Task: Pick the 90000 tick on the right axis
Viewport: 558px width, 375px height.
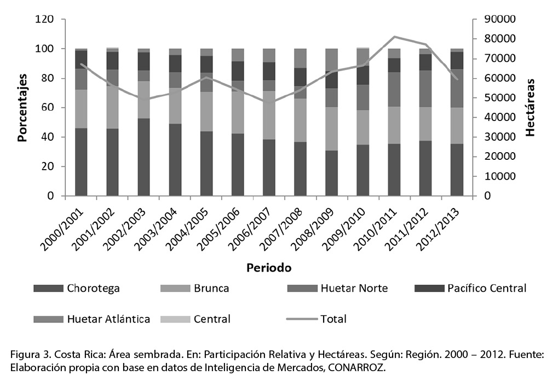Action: click(x=499, y=20)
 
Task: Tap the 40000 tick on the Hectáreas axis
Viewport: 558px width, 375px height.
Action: click(x=499, y=118)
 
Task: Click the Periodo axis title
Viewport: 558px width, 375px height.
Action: click(x=268, y=268)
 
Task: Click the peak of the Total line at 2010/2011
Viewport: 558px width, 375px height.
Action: click(x=394, y=37)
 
